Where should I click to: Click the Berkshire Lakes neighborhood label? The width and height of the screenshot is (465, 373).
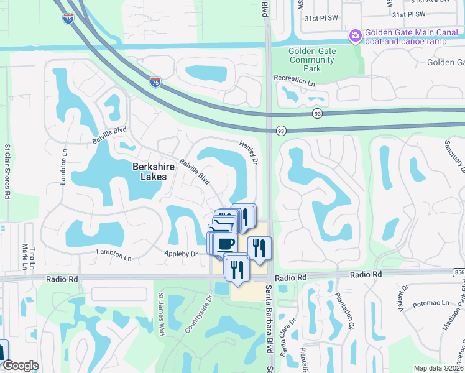click(x=149, y=172)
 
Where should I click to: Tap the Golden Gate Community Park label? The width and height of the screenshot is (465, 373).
click(x=312, y=60)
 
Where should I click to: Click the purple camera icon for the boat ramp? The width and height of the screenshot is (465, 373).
click(x=356, y=34)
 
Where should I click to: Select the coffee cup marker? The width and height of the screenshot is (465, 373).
click(x=226, y=242)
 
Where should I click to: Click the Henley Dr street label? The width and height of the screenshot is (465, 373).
click(x=248, y=152)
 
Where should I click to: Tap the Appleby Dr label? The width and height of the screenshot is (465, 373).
click(x=180, y=254)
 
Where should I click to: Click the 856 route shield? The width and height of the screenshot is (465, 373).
click(x=459, y=272)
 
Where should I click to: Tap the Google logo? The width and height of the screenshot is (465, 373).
click(x=21, y=366)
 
